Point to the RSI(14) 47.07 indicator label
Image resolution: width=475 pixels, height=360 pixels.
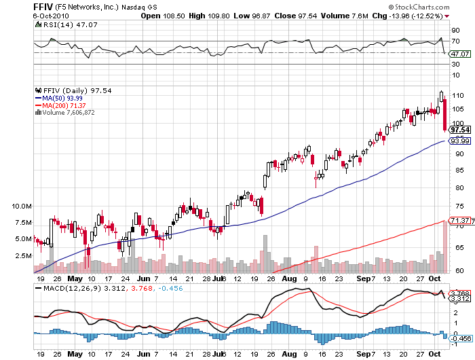59,24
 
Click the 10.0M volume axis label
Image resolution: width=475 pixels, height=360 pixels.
22,206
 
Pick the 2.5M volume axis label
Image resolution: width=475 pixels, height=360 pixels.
22,256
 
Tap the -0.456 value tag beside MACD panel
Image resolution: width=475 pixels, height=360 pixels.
461,338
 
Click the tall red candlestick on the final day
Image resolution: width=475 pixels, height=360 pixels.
444,115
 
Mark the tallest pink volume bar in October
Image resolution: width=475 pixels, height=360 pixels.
444,245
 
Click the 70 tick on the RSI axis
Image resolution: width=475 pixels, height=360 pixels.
457,41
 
